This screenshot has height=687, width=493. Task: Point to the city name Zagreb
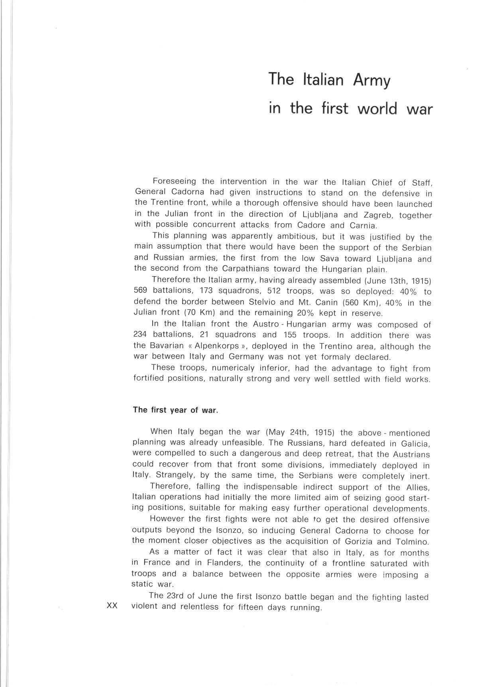(375, 215)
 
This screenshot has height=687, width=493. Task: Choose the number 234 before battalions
(140, 335)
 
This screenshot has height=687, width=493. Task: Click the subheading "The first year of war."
(175, 410)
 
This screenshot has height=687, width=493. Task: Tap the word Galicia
(415, 443)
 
